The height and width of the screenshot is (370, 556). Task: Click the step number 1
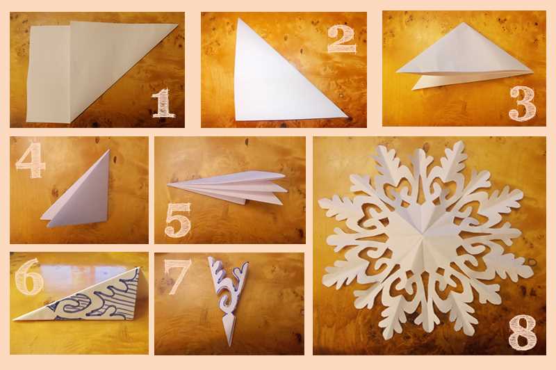click(x=163, y=103)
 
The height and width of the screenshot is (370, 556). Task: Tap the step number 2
click(x=342, y=40)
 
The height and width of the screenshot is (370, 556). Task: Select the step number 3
click(x=523, y=103)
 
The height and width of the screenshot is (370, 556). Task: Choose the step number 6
click(x=29, y=276)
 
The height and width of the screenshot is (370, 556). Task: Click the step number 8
click(x=522, y=332)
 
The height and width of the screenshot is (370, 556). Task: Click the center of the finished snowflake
click(x=423, y=234)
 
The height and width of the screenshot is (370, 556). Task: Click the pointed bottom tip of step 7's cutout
click(x=230, y=346)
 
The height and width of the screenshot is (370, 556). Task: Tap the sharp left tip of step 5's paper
click(x=167, y=184)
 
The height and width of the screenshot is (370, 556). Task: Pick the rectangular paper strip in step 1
click(x=48, y=74)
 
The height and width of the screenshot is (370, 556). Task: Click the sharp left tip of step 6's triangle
click(x=13, y=320)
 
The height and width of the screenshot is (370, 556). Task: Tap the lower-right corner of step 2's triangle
click(x=348, y=117)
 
